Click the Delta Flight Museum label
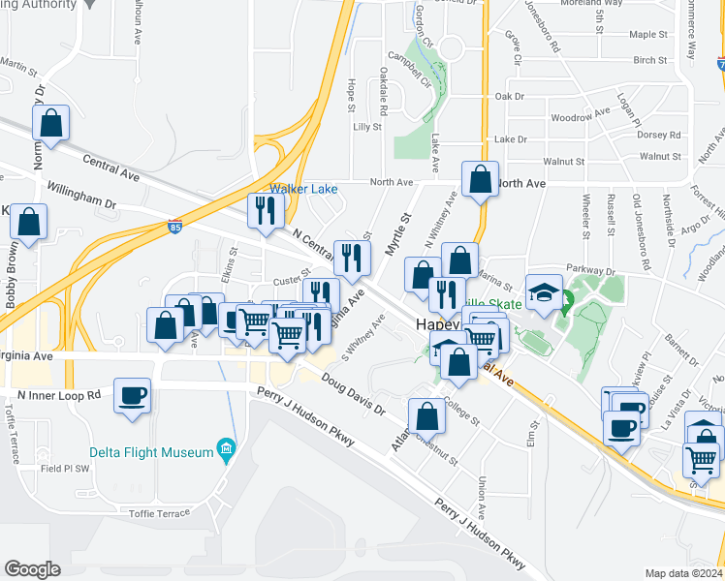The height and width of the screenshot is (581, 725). (x=150, y=452)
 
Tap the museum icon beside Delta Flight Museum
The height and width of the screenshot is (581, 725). (x=227, y=448)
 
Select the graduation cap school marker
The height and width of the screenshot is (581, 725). (x=544, y=292)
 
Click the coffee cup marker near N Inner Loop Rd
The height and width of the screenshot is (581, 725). (x=133, y=394)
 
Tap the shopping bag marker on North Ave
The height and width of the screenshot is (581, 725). (x=480, y=179)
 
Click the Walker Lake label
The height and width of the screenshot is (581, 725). (x=303, y=189)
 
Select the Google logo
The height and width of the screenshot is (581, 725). (x=32, y=568)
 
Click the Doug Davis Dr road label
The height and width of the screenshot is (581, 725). (x=354, y=396)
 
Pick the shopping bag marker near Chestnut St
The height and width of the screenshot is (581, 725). (x=426, y=416)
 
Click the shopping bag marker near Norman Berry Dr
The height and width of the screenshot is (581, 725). (x=51, y=124)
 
